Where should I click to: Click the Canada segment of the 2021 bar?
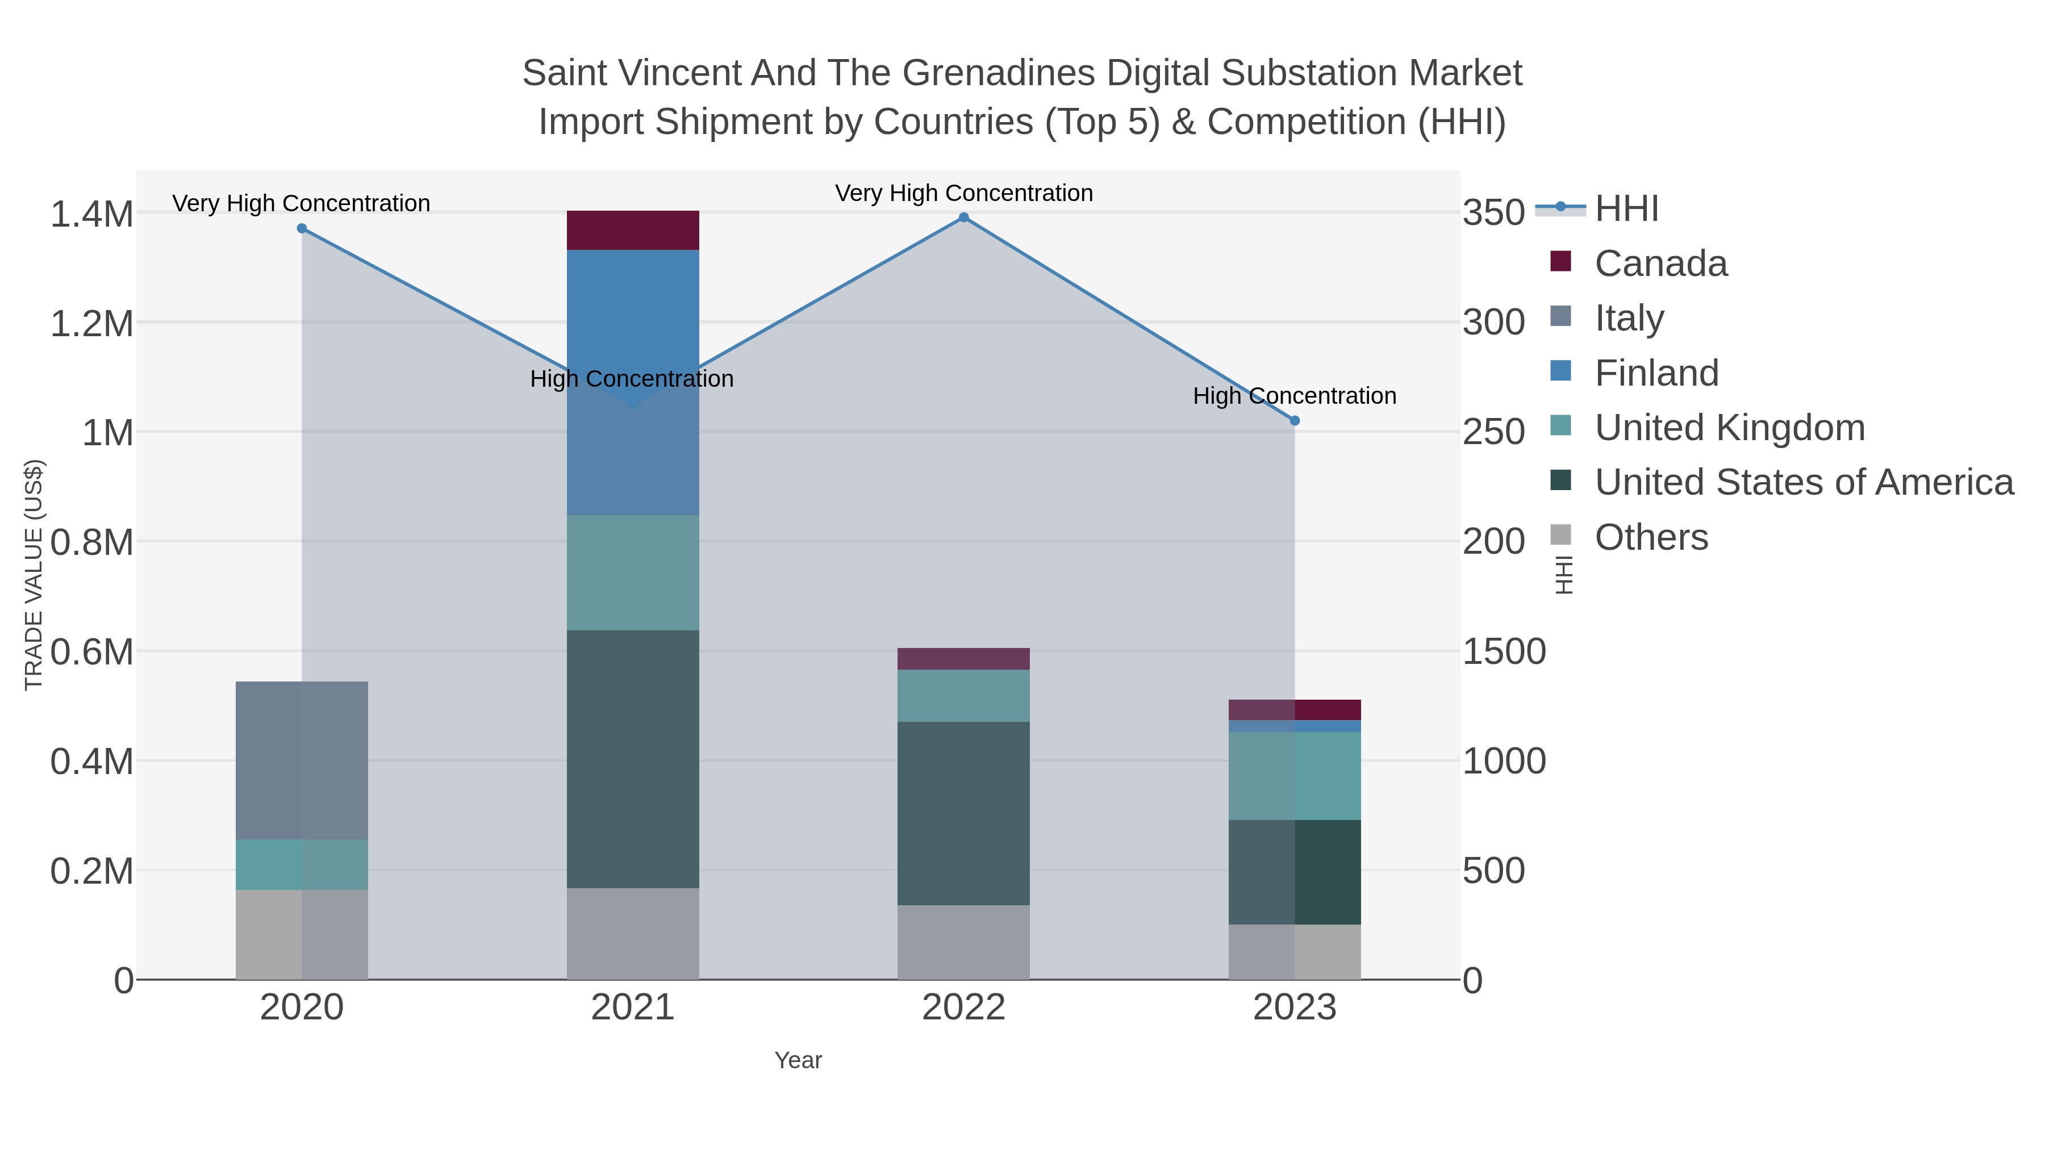(633, 230)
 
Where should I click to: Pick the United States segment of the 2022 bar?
(963, 813)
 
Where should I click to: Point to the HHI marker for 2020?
(302, 228)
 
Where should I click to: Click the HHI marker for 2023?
(1295, 421)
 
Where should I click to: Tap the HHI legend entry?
(1626, 209)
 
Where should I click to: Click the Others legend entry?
(1651, 537)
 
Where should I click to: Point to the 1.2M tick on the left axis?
(91, 324)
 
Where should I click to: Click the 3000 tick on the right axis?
(1494, 323)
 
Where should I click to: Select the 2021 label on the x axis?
(633, 1008)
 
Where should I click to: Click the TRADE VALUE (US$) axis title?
(34, 575)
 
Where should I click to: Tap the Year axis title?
(798, 1060)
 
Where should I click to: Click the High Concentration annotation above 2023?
(1294, 396)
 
